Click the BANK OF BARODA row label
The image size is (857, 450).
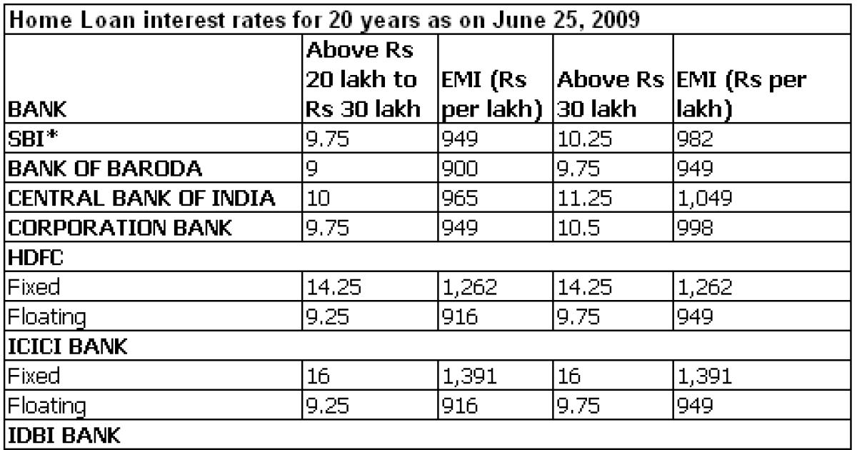[95, 170]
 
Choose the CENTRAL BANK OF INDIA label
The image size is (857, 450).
[142, 199]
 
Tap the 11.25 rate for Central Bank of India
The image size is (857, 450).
[585, 199]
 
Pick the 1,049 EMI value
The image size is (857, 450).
[703, 199]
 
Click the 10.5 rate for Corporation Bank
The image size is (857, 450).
[579, 228]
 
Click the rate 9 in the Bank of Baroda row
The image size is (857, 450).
[312, 170]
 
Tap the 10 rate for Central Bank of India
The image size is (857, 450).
[317, 199]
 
